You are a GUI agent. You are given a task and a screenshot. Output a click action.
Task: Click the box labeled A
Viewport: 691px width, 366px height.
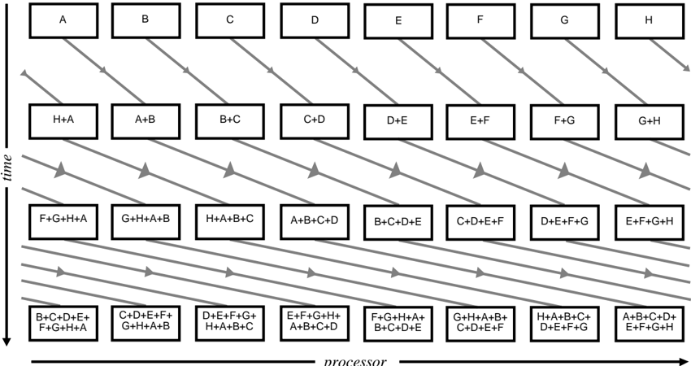(x=63, y=20)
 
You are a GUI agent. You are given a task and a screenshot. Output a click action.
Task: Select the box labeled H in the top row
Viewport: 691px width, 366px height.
(x=648, y=20)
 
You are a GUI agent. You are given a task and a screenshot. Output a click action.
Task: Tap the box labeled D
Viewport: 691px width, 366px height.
(x=314, y=20)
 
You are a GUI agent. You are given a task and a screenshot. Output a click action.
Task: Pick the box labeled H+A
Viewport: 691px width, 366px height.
(x=63, y=120)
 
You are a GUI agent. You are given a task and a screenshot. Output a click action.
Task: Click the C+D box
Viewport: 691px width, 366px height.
(x=314, y=120)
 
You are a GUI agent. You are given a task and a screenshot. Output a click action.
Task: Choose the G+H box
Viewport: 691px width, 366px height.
(x=648, y=122)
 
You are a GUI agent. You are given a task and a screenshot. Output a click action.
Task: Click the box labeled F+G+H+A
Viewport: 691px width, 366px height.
(x=63, y=219)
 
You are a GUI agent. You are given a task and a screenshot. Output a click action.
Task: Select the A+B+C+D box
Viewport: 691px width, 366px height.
(x=314, y=219)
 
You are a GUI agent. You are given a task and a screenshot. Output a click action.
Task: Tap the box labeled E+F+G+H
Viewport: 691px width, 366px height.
(x=648, y=220)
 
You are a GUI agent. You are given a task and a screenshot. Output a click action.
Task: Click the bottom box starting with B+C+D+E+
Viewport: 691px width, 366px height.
(x=63, y=321)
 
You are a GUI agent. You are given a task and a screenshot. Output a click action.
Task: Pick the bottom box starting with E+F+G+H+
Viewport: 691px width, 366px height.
(x=314, y=321)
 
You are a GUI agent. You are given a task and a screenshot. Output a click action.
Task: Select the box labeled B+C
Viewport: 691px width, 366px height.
(x=230, y=120)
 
